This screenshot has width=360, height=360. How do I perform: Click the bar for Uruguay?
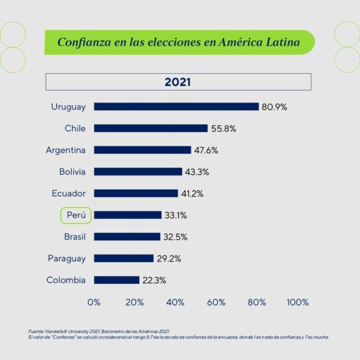(x=176, y=107)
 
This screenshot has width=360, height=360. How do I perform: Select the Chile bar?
(x=151, y=128)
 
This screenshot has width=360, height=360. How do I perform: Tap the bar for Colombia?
(x=117, y=280)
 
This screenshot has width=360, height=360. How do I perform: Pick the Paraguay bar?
(x=124, y=259)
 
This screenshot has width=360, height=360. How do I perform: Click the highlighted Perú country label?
(x=76, y=216)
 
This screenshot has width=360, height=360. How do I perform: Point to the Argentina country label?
(x=66, y=150)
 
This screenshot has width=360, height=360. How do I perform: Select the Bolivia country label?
(x=72, y=172)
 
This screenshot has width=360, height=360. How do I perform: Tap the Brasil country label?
(x=75, y=237)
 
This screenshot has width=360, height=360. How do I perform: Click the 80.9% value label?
(x=274, y=107)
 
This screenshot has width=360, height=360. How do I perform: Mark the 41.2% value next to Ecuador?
(x=192, y=194)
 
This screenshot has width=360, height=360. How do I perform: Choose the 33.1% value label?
(x=176, y=216)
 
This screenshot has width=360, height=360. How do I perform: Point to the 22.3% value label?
(x=154, y=281)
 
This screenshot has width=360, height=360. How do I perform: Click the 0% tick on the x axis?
(x=94, y=302)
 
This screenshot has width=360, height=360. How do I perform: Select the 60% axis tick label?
(x=216, y=302)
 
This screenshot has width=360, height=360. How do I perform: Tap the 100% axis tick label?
(x=297, y=302)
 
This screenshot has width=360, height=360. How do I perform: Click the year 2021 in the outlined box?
(x=177, y=82)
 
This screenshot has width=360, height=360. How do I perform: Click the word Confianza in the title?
(x=84, y=42)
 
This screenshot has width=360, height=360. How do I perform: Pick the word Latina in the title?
(x=283, y=42)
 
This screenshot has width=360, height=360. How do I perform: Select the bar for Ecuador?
(x=136, y=193)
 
